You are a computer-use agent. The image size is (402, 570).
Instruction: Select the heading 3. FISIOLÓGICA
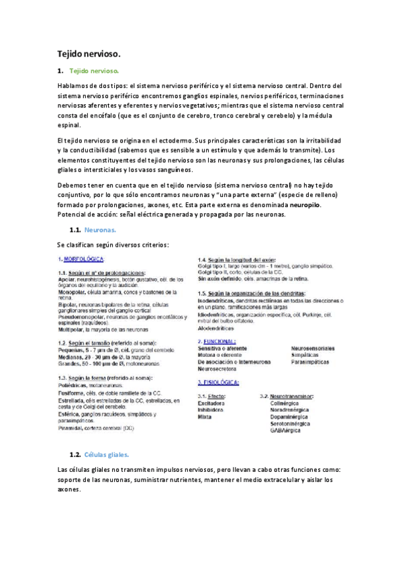coord(218,382)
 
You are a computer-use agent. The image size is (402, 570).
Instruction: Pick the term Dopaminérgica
coord(291,417)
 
